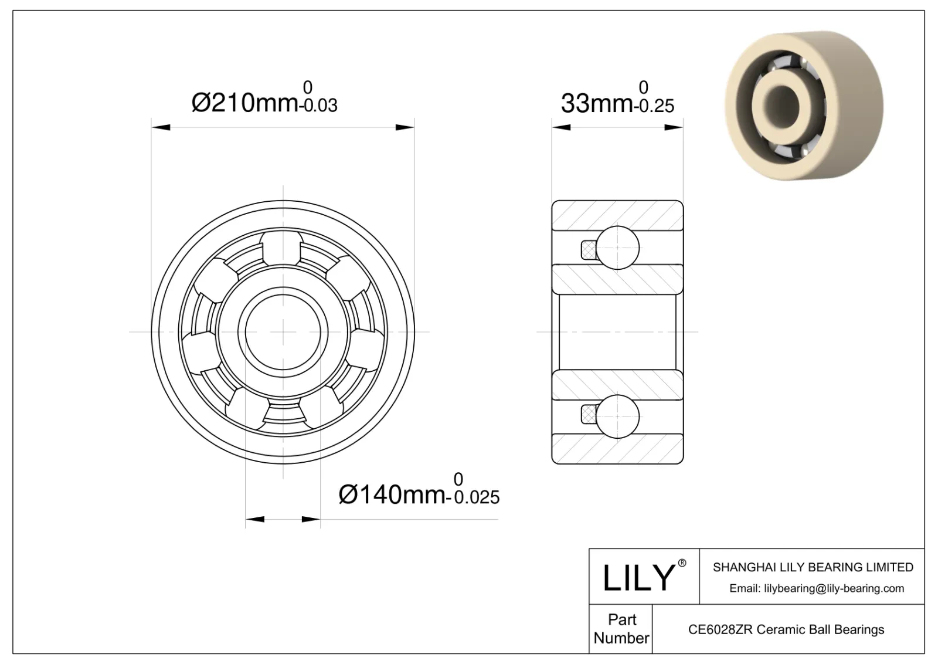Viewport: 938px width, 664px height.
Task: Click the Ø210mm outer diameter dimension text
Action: click(245, 103)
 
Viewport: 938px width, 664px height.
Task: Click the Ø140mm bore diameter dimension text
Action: click(392, 495)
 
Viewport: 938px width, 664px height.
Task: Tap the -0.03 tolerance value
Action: click(318, 106)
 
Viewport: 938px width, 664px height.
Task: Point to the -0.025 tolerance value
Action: click(473, 498)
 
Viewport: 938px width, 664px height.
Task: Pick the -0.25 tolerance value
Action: click(654, 106)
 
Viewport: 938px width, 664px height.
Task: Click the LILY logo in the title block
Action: click(639, 577)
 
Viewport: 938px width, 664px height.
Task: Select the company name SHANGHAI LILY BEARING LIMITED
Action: click(813, 567)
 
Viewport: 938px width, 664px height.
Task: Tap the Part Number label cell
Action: click(621, 629)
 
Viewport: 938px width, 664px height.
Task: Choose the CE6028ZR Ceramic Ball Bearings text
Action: click(786, 629)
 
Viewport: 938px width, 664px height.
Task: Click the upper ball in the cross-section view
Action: click(617, 248)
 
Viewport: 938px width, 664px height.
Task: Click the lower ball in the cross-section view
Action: click(617, 416)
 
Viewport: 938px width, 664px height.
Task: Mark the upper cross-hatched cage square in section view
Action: click(588, 250)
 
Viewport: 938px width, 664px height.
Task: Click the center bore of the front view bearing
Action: click(283, 332)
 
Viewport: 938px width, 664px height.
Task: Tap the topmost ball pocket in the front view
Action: click(283, 246)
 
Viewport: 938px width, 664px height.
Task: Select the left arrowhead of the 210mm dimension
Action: click(160, 127)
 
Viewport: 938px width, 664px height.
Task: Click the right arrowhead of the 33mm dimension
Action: click(674, 127)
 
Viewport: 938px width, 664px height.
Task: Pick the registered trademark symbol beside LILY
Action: click(682, 563)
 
